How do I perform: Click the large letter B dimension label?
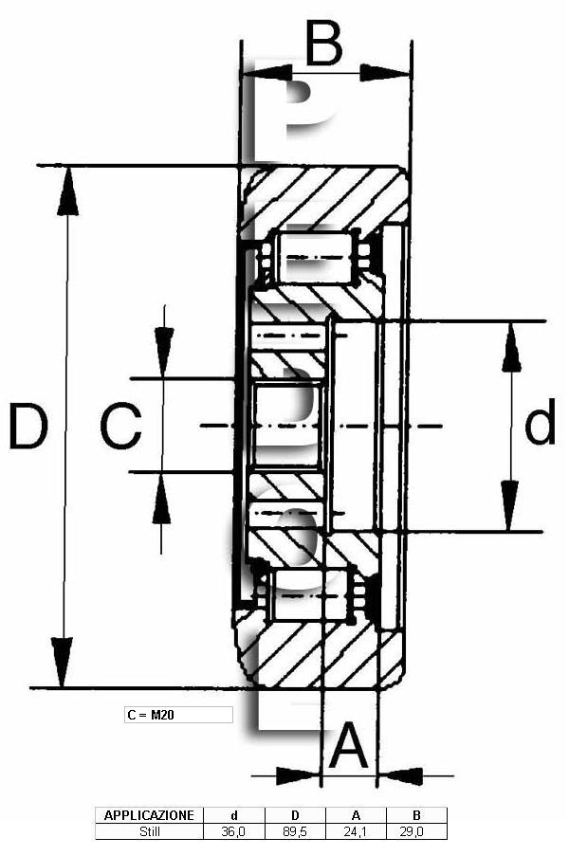click(323, 42)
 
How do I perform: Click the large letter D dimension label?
click(28, 426)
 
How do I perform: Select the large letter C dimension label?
click(121, 426)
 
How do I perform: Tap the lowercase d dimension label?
click(540, 421)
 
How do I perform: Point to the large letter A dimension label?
click(349, 744)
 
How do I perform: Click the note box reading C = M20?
click(178, 715)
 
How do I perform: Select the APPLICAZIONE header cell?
click(149, 815)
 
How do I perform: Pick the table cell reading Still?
click(149, 832)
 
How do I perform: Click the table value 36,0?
click(233, 832)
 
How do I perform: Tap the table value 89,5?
click(295, 832)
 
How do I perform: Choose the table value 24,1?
click(356, 832)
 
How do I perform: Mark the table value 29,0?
click(416, 832)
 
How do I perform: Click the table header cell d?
click(233, 815)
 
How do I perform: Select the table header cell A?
click(356, 815)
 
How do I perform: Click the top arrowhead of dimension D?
click(67, 191)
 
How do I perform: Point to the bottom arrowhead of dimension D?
click(62, 662)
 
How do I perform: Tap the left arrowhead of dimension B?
click(267, 72)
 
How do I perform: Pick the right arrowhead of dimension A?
click(401, 775)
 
